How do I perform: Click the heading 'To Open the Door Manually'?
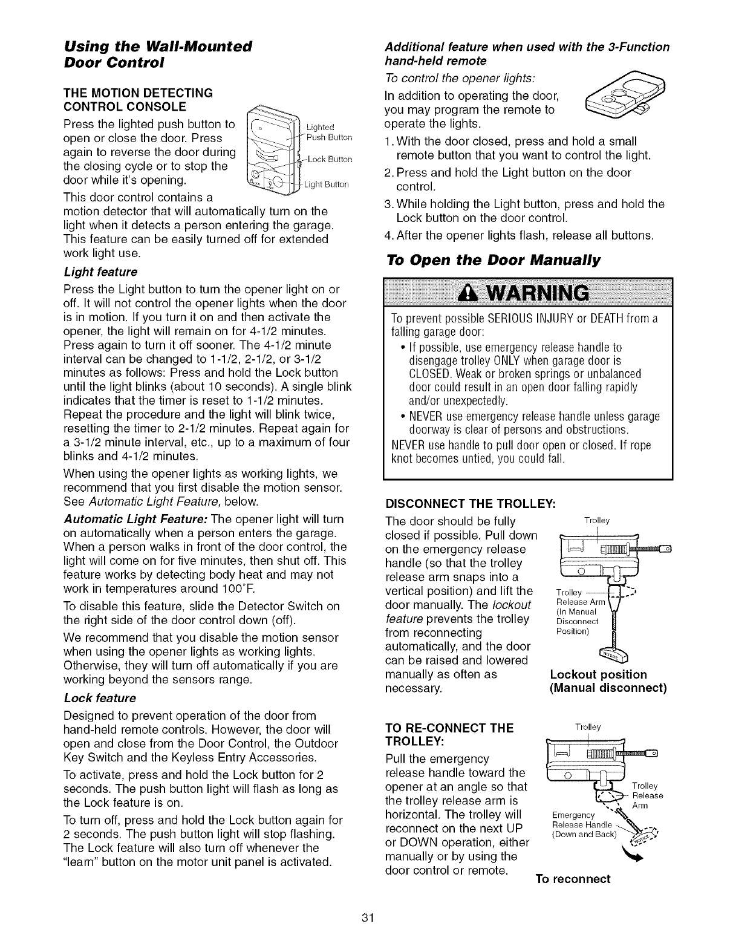[493, 261]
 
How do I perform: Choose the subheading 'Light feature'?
[100, 272]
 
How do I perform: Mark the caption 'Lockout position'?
[598, 674]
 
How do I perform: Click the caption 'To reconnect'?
[573, 879]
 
